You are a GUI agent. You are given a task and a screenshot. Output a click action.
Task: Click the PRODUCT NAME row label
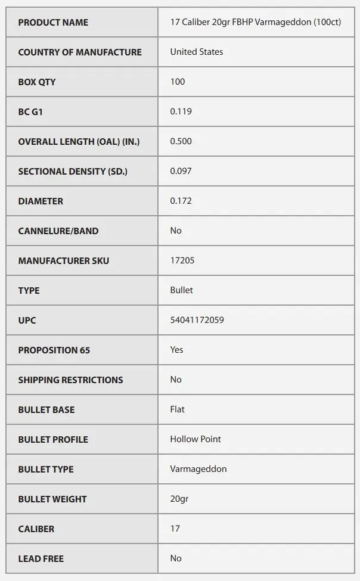tap(53, 23)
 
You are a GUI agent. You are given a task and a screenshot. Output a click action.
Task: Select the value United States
tap(196, 52)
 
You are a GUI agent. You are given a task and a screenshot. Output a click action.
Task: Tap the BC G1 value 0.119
tap(181, 111)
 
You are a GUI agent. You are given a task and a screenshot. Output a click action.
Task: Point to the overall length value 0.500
tap(181, 141)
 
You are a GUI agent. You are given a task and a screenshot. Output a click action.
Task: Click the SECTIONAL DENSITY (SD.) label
tap(73, 172)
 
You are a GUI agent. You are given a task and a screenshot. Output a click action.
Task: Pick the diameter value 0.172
tap(181, 201)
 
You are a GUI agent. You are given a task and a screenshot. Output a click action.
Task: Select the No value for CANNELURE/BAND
tap(176, 231)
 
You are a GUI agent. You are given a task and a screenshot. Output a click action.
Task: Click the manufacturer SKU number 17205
tap(182, 260)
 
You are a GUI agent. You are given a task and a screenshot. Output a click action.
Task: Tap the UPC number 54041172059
tap(197, 320)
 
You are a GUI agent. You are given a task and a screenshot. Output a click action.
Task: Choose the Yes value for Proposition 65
tap(176, 350)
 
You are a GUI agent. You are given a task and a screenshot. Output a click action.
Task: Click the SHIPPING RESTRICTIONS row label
tap(70, 380)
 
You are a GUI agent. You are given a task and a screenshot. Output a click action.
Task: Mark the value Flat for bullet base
tap(177, 409)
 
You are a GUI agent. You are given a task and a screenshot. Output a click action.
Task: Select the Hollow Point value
tap(195, 439)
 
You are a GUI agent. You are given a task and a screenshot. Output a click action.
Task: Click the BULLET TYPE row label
tap(46, 470)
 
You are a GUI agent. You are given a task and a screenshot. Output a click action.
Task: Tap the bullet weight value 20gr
tap(179, 499)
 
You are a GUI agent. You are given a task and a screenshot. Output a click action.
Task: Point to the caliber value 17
tap(175, 529)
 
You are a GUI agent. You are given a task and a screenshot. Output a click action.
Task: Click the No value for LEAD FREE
tap(176, 558)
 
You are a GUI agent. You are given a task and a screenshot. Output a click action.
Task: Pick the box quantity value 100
tap(178, 82)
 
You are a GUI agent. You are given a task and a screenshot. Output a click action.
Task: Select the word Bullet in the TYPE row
tap(181, 290)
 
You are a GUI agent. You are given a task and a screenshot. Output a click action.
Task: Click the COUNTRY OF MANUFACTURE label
tap(80, 52)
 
